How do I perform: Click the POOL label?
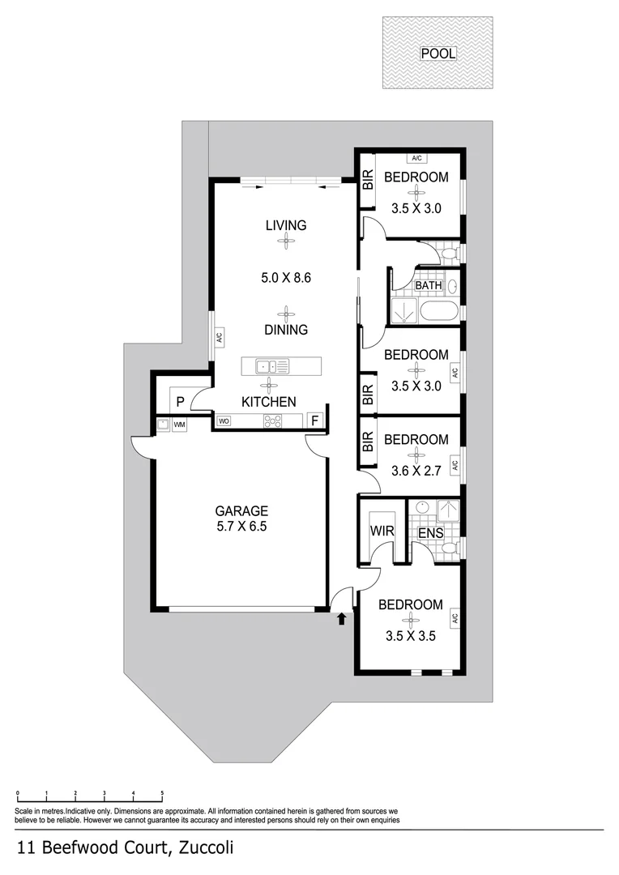[x=438, y=54]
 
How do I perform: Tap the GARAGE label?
[x=241, y=511]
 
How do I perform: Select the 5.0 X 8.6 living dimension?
[x=286, y=277]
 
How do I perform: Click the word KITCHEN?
[x=268, y=402]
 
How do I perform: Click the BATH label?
[x=428, y=286]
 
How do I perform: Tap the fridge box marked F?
[x=315, y=420]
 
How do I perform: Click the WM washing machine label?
[x=179, y=425]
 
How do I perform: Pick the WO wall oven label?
[x=224, y=421]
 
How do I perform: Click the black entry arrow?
[x=341, y=620]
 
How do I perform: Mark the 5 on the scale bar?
[x=162, y=794]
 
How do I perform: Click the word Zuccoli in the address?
[x=205, y=848]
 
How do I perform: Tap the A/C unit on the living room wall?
[x=218, y=336]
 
